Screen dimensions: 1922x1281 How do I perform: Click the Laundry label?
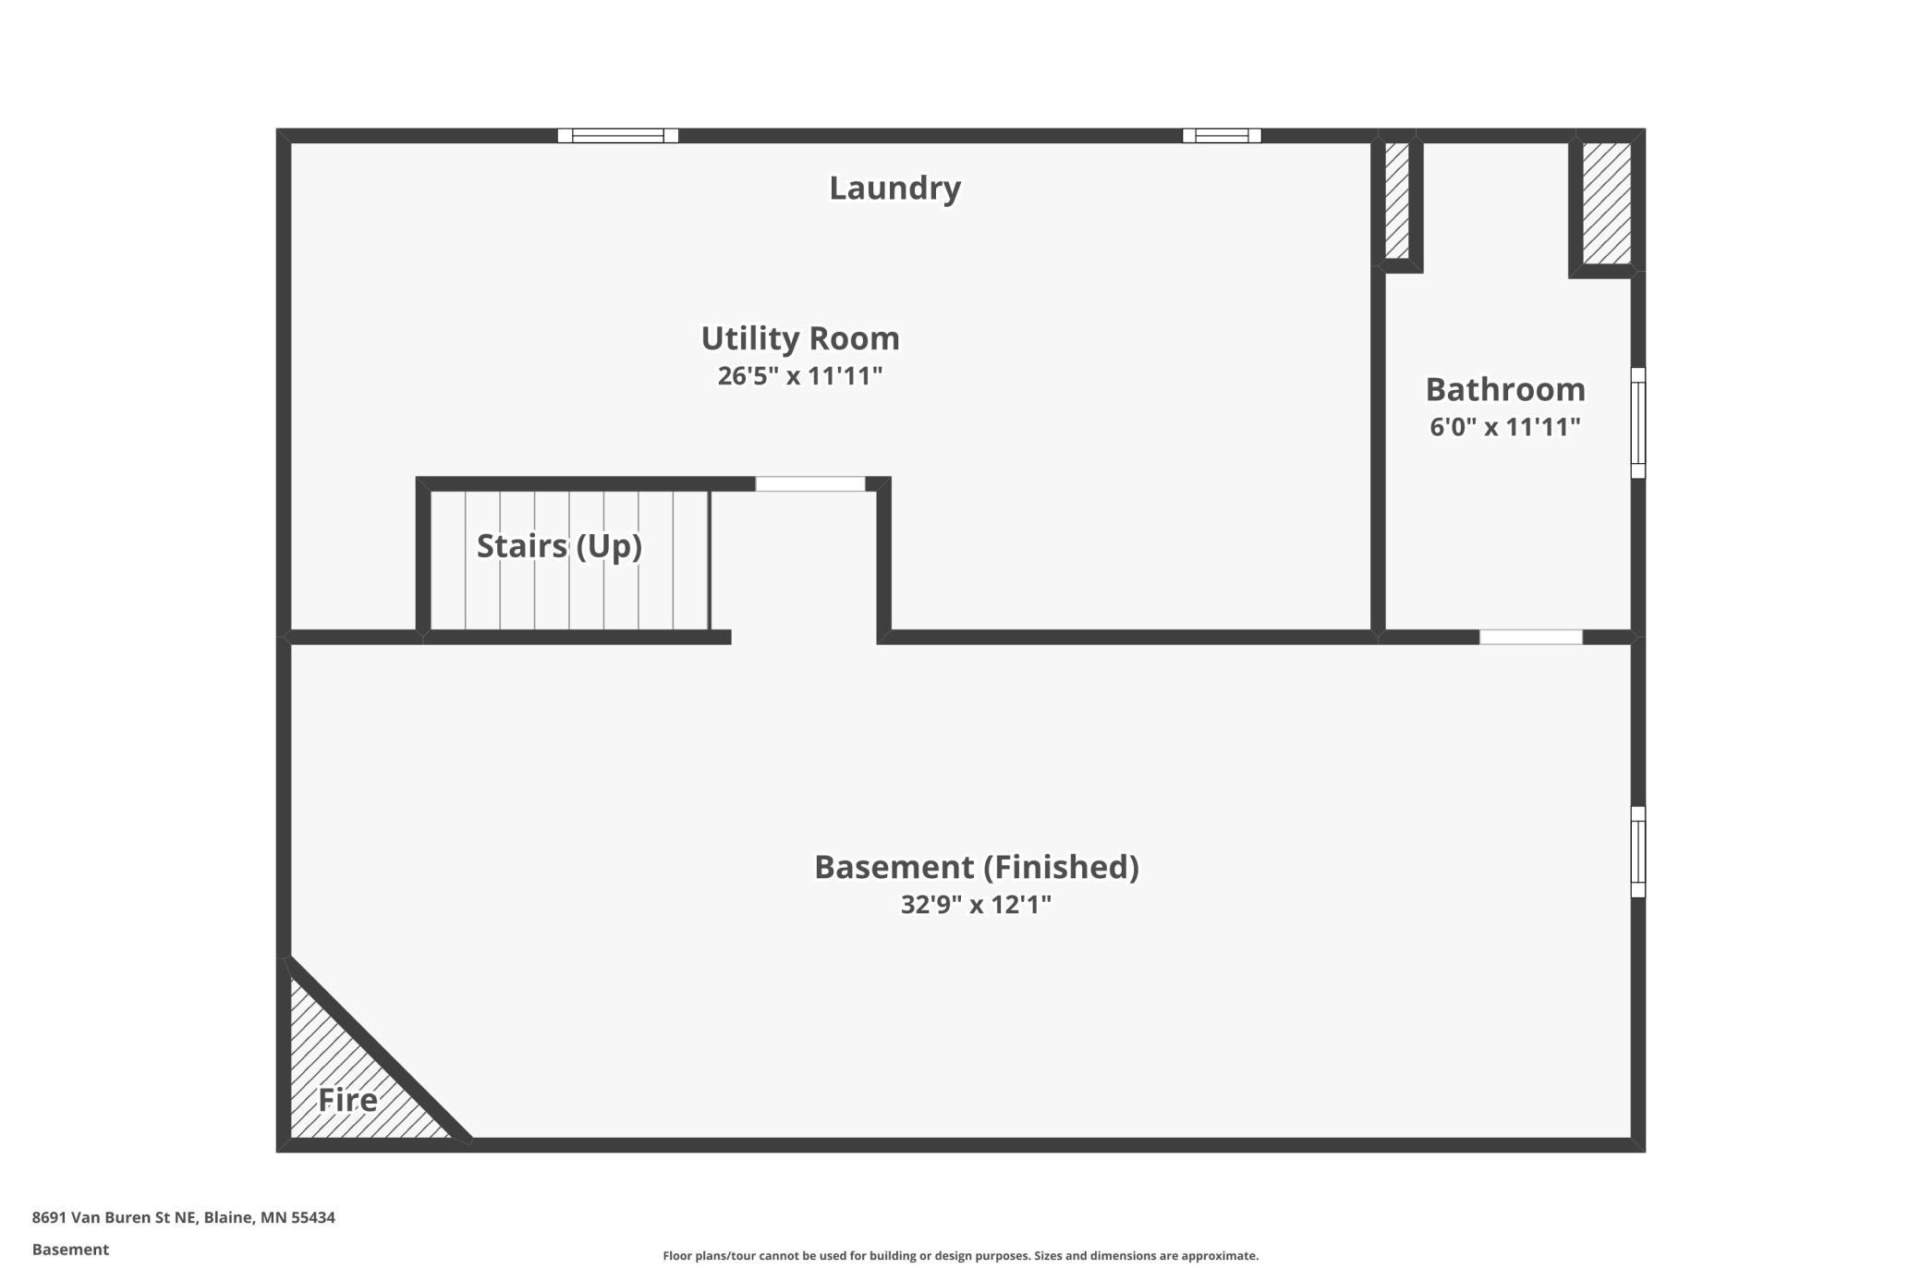894,188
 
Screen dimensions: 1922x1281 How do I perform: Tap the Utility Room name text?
800,337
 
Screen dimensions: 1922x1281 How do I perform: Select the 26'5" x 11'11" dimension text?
800,376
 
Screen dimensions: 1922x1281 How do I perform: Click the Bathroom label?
1505,389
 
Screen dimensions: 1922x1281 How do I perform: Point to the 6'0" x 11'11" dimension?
1505,427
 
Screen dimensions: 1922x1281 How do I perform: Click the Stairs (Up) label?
559,545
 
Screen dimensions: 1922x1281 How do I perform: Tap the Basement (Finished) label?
976,867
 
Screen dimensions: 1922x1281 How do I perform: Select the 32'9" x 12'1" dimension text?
976,904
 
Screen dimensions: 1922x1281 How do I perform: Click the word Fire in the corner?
347,1100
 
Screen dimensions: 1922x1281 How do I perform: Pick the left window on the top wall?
618,136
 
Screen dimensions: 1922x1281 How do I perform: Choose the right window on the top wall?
1222,136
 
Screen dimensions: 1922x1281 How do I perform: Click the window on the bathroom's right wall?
1638,422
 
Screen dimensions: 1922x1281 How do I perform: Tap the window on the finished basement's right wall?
1638,851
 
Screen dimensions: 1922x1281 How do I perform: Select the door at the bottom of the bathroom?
1531,637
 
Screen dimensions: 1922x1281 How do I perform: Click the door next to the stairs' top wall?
810,483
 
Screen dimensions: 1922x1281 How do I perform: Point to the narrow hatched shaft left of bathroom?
1397,201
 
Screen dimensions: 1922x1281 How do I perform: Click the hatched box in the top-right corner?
1607,203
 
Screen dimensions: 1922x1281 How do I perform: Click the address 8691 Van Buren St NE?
115,1217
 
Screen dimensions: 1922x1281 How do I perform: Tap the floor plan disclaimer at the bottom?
961,1255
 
